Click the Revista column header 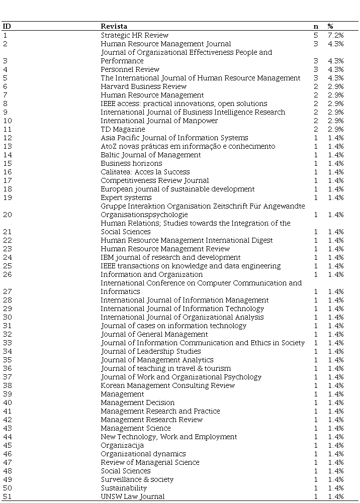tap(114, 26)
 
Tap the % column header tap(330, 26)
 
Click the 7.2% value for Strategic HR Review tap(335, 35)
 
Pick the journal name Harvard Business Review tap(136, 86)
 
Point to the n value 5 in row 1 tap(316, 35)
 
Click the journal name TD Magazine tap(123, 129)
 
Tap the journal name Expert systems tap(126, 197)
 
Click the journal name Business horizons tap(131, 163)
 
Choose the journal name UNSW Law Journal tap(133, 496)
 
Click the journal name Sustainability tap(124, 488)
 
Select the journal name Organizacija tap(122, 445)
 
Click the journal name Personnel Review tap(130, 69)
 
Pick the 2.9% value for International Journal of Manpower tap(335, 121)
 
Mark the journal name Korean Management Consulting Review tap(167, 385)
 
